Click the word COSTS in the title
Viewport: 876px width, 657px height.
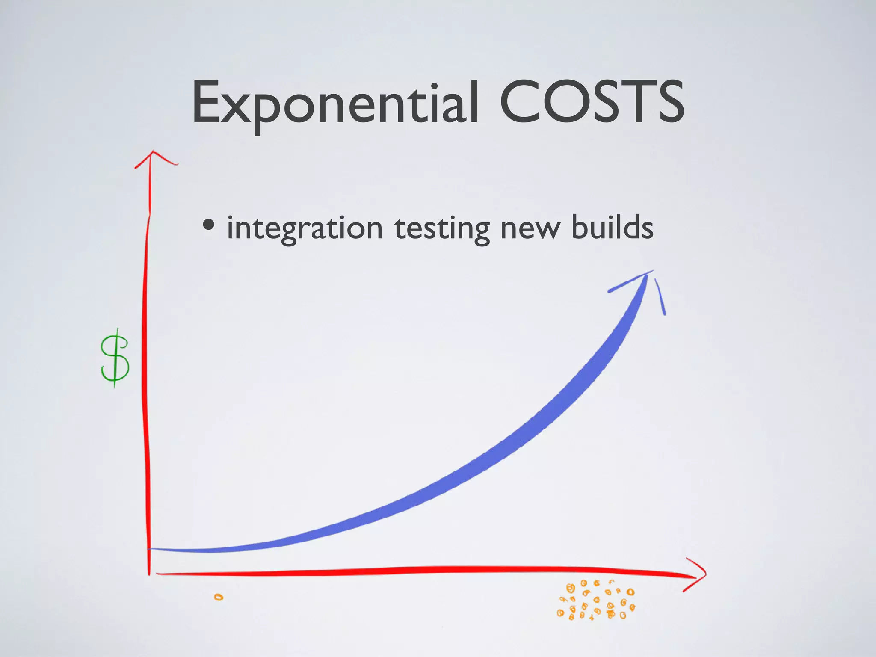592,103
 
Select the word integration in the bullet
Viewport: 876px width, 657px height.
304,228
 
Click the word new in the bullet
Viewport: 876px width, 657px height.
530,228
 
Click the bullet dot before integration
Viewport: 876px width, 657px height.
209,225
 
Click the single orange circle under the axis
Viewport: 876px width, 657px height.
219,597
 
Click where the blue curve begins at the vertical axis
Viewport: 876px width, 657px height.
151,549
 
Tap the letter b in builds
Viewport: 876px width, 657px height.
580,227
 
